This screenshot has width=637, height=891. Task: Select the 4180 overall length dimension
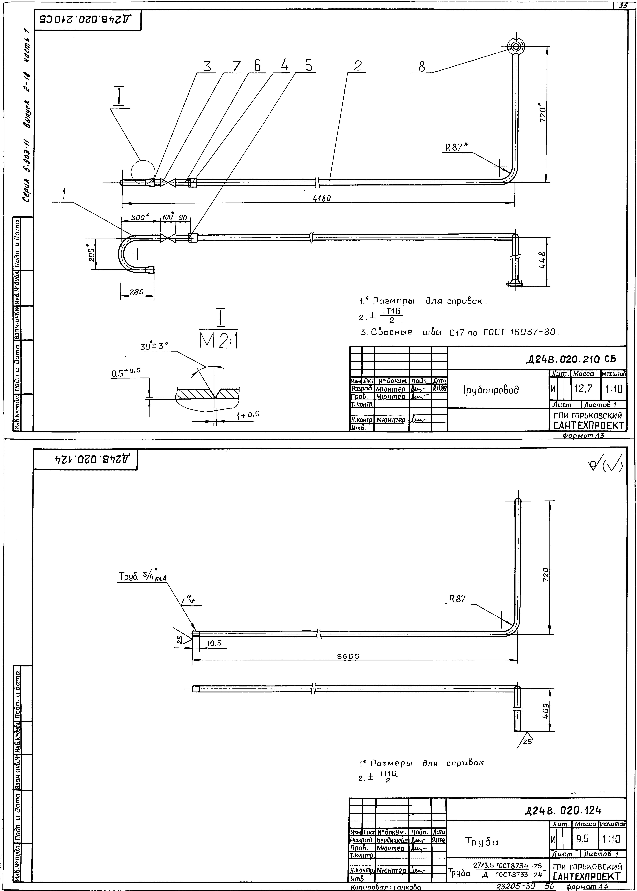[322, 199]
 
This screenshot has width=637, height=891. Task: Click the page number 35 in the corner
[623, 6]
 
